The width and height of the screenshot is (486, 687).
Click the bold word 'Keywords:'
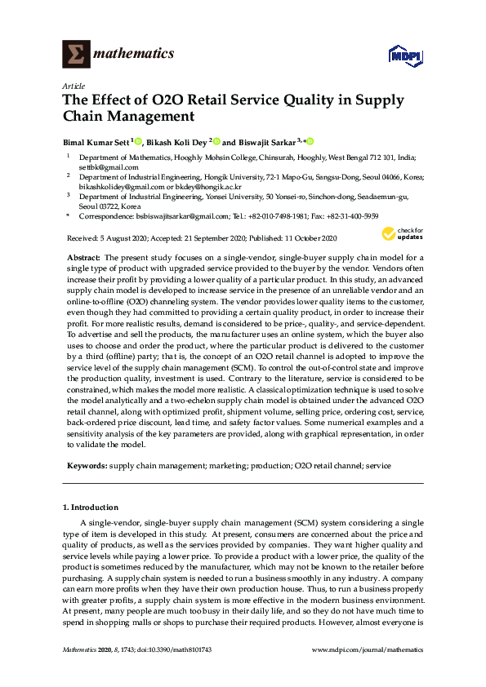pyautogui.click(x=86, y=465)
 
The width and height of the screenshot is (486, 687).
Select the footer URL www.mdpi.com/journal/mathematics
pyautogui.click(x=368, y=649)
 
